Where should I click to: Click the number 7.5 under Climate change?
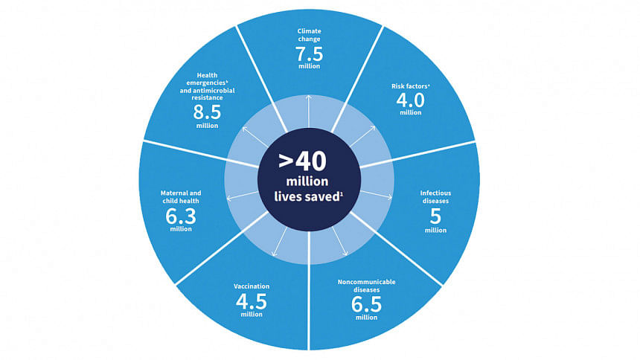coord(309,54)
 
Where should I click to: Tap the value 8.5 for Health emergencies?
coord(207,112)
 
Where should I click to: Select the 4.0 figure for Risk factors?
coord(410,100)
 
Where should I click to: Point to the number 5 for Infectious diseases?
coord(435,216)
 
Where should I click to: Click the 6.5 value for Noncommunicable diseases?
coord(366,304)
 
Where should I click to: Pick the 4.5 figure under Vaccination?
coord(251,301)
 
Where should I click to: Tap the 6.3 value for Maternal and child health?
coord(180,216)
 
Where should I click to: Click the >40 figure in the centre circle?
coord(302,161)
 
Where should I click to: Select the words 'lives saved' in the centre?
coord(307,196)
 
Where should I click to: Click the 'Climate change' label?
coord(309,35)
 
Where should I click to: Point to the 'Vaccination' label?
coord(252,286)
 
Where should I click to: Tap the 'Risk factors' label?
coord(409,86)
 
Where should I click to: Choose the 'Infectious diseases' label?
coord(435,196)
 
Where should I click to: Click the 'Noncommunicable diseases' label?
coord(366,286)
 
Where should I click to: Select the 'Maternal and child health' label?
coord(180,196)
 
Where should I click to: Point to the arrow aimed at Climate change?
coord(309,112)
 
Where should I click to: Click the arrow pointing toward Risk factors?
coord(362,136)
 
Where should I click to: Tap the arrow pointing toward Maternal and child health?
coord(242,196)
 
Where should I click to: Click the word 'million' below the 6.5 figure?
coord(366,317)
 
